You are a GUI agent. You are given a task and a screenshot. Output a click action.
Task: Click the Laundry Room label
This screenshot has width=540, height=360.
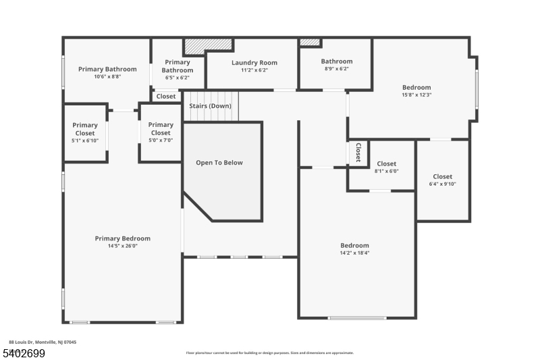[254, 63]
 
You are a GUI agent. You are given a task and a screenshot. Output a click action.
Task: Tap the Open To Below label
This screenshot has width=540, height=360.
[219, 163]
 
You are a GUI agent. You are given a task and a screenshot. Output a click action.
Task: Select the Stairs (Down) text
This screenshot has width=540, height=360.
[210, 106]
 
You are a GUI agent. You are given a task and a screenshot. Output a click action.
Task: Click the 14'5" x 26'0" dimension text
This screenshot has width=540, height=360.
[122, 246]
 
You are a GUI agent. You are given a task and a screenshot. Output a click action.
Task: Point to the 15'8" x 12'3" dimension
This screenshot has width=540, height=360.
[416, 95]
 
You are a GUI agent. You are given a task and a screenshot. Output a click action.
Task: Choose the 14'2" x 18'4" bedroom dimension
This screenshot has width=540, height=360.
[354, 253]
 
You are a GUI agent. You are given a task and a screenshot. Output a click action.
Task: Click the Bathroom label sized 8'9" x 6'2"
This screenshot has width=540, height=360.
[336, 61]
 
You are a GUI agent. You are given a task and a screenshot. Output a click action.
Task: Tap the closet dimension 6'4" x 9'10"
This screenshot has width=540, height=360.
[443, 184]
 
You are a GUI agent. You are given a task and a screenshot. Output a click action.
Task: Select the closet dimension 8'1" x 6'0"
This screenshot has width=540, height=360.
[387, 171]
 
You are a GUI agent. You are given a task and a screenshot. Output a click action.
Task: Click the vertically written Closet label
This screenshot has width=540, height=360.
[358, 153]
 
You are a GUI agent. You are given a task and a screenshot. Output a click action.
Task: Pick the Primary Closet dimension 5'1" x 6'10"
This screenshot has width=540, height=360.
[85, 140]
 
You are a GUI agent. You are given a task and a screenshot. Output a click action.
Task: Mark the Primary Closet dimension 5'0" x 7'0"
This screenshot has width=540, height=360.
[161, 140]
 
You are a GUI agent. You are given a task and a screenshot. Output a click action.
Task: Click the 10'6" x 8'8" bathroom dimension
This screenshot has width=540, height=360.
[107, 76]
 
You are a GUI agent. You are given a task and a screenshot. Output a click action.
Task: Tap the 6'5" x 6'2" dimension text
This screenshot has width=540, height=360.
[178, 77]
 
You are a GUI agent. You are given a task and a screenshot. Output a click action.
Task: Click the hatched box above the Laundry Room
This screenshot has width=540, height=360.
[209, 46]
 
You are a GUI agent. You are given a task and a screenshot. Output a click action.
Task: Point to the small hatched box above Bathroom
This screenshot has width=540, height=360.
[310, 42]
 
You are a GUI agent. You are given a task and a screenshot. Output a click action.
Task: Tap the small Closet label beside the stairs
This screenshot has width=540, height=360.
[166, 97]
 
